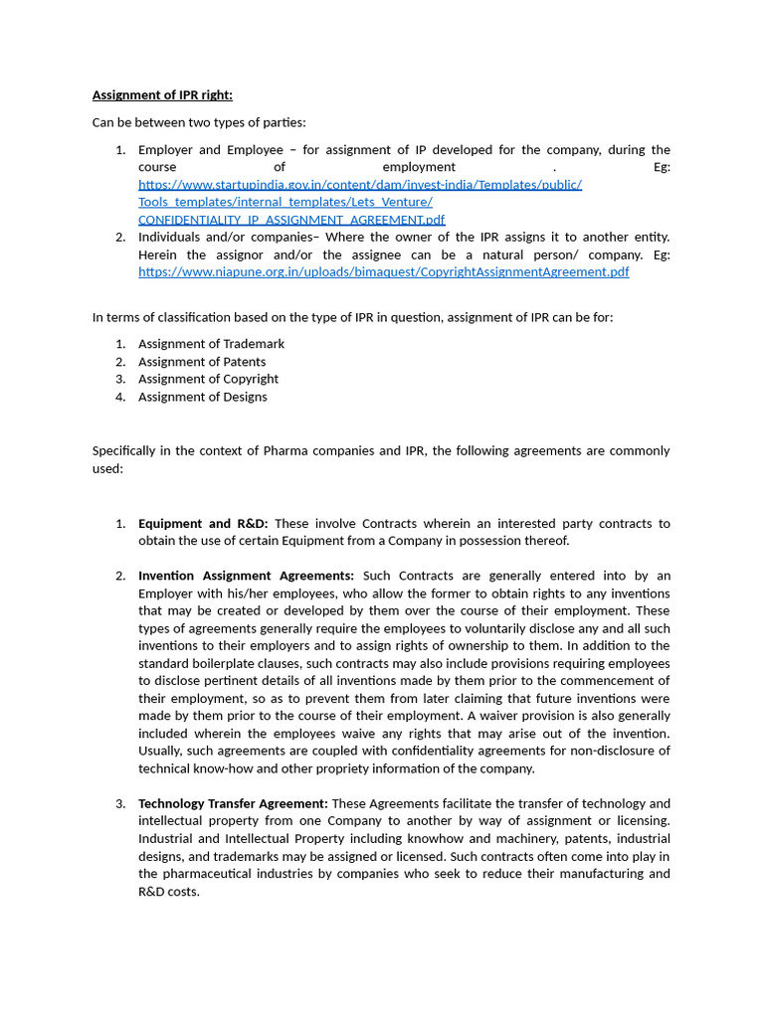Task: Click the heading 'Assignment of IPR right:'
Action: click(162, 95)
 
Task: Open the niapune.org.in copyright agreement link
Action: click(383, 272)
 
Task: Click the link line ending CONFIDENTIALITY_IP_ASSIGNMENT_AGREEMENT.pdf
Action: click(291, 220)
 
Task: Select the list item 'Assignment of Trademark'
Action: click(211, 344)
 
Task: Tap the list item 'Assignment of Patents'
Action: click(202, 362)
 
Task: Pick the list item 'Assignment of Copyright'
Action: click(208, 379)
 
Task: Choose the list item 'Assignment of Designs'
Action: click(202, 397)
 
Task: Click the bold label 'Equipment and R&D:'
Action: click(203, 524)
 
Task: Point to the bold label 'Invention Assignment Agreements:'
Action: click(246, 576)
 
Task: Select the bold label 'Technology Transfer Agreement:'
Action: click(233, 803)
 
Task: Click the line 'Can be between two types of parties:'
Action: click(199, 122)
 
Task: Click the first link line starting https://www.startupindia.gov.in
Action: click(360, 185)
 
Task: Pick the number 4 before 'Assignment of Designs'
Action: click(119, 397)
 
